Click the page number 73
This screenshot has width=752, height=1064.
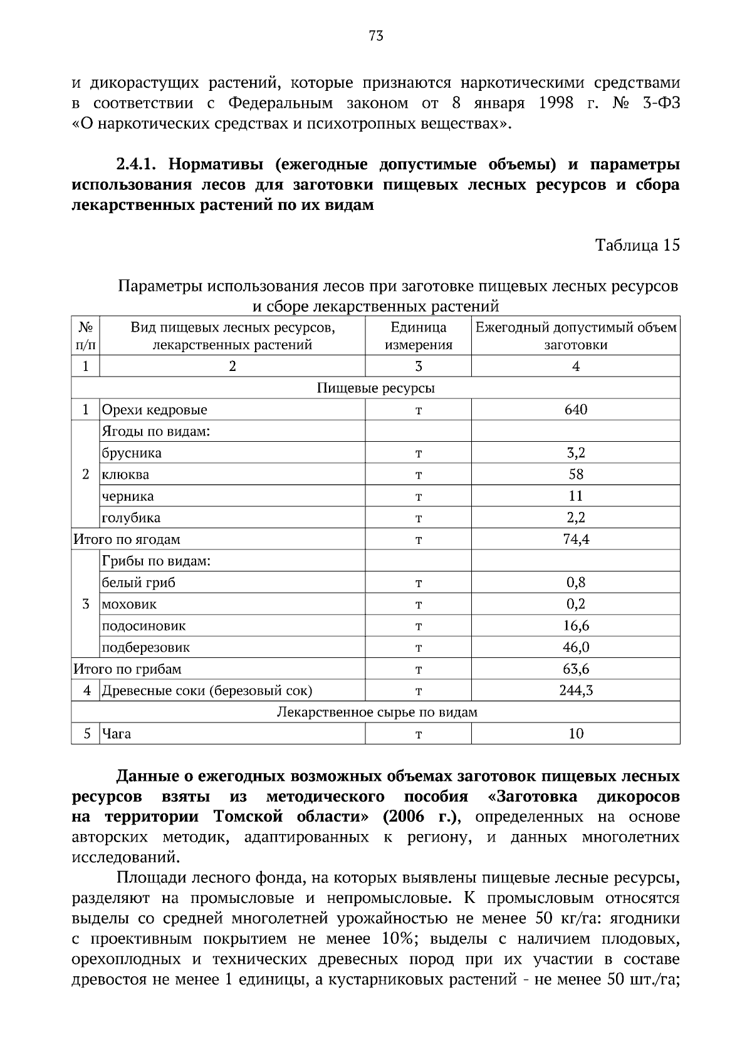[376, 36]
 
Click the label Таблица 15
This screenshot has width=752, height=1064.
[637, 245]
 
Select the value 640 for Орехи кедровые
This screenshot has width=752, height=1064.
[575, 410]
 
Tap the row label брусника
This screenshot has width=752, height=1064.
[132, 453]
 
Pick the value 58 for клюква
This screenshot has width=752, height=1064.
[575, 474]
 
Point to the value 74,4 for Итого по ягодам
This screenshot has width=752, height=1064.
[575, 539]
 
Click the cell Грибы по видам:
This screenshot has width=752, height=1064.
[156, 561]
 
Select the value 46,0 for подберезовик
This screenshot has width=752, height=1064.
[575, 647]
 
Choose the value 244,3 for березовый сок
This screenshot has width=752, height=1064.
[575, 691]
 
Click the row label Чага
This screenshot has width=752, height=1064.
[117, 734]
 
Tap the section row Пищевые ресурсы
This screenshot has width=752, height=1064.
[375, 388]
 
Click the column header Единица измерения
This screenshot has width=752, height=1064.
[418, 336]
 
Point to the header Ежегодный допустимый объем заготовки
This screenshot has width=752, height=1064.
[575, 336]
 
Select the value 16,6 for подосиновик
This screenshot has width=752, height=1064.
[575, 626]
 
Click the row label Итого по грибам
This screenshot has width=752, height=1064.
[127, 669]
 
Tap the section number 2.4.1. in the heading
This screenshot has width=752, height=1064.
[139, 165]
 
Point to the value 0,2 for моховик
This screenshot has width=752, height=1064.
[575, 604]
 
